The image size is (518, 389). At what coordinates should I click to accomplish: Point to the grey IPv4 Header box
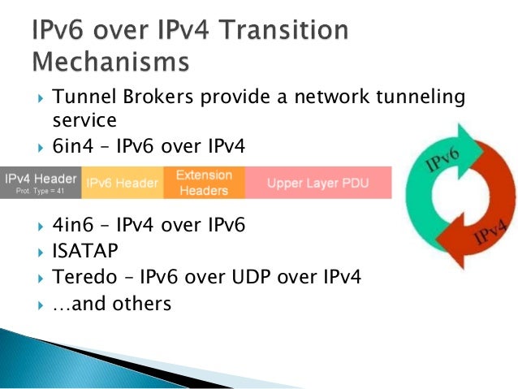pos(41,183)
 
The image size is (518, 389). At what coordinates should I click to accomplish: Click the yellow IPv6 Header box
pos(122,183)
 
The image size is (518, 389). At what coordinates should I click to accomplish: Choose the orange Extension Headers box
pos(204,183)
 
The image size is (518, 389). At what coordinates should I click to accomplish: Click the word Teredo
pos(81,276)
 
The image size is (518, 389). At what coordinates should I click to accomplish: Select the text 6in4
pos(73,146)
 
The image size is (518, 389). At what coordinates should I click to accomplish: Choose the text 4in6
pos(73,224)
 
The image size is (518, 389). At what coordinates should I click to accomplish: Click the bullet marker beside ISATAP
pos(41,251)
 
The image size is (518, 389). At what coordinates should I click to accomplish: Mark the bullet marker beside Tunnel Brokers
pos(41,99)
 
